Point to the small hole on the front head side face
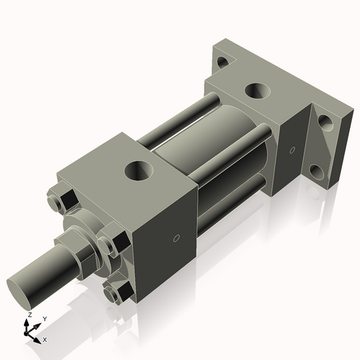(176, 238)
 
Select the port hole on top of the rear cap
(256, 91)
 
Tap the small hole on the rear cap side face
(291, 150)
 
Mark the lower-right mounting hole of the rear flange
(317, 173)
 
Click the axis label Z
(28, 315)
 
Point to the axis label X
(45, 338)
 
